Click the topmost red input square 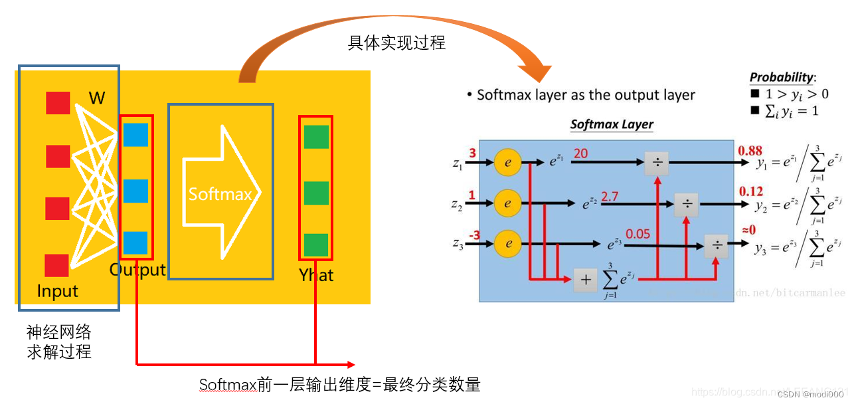pos(57,103)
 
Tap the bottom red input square pos(57,265)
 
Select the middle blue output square pos(135,191)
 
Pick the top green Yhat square pos(316,137)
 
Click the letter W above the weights pos(97,98)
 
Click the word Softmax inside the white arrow pos(220,194)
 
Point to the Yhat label pos(316,275)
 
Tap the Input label pos(57,291)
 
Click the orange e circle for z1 pos(508,162)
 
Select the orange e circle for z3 pos(508,244)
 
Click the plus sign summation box pos(585,280)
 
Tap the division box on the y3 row pos(717,245)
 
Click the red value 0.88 pos(750,150)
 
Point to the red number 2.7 pos(609,197)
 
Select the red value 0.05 pos(638,234)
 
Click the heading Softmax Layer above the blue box pos(612,124)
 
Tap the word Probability pos(782,77)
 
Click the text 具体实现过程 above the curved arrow pos(396,43)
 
